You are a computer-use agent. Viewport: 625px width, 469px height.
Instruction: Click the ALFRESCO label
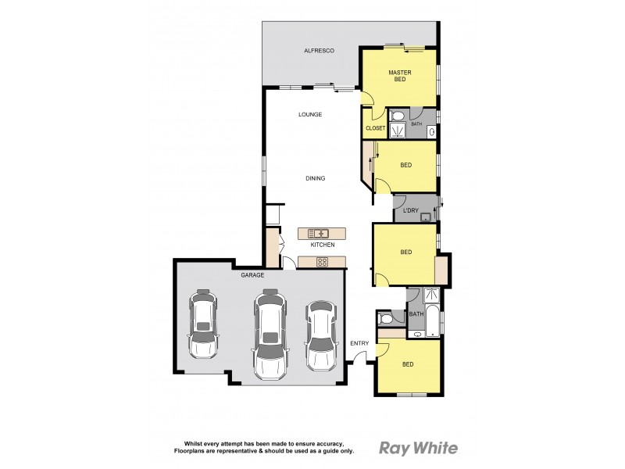tap(319, 51)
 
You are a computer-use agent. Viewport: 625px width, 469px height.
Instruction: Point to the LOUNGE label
tap(310, 115)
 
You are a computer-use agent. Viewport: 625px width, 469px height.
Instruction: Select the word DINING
tap(315, 178)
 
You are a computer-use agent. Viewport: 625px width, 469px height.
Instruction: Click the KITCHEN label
tap(322, 245)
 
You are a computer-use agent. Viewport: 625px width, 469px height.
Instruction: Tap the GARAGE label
tap(252, 275)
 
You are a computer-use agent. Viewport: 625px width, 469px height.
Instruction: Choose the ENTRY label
tap(359, 343)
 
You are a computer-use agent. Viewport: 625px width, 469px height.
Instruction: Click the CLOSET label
tap(375, 128)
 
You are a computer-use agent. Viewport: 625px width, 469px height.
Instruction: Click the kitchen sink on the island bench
tap(318, 232)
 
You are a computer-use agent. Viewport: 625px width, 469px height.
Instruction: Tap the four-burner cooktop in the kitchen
tap(322, 262)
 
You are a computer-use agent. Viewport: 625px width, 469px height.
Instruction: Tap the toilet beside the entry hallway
tap(384, 319)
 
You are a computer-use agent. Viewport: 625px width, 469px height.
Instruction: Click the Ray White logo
tap(418, 448)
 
